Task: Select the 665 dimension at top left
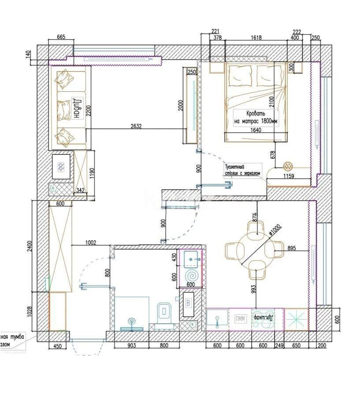point(61,38)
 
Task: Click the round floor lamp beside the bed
point(288,166)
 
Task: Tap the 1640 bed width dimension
point(256,130)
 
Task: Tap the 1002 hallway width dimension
point(91,243)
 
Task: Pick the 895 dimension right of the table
point(291,247)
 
